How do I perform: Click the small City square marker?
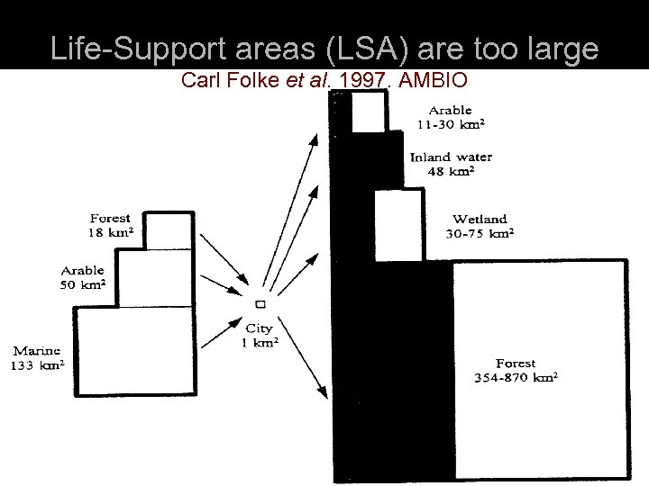point(259,306)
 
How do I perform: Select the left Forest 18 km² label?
point(111,225)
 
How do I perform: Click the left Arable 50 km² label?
point(83,276)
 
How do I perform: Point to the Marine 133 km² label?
point(37,358)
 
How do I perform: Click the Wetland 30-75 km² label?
point(480,226)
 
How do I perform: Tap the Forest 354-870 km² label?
point(516,370)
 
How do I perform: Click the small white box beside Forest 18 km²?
point(169,230)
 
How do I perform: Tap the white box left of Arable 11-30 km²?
point(368,112)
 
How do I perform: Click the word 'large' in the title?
point(561,48)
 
